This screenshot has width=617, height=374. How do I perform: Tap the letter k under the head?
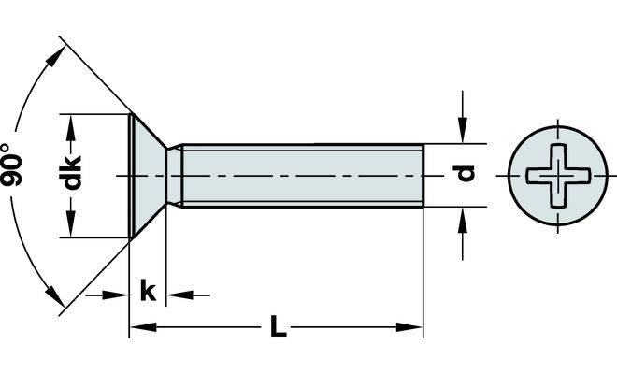148,291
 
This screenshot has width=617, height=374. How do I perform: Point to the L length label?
278,326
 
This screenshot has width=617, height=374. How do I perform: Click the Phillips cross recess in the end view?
557,176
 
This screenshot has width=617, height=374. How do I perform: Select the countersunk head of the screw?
148,176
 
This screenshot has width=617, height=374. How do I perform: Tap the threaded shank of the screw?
302,176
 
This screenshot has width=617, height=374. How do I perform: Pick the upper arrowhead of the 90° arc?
55,57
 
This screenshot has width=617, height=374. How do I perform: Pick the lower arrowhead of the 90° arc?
54,295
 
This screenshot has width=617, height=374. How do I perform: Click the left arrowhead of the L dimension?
143,326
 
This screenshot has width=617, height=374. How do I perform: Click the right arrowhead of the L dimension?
409,326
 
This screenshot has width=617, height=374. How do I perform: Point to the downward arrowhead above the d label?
463,130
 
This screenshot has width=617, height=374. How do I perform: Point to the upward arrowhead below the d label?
463,221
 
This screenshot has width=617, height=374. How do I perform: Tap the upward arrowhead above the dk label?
71,128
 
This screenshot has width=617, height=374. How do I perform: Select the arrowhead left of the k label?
115,295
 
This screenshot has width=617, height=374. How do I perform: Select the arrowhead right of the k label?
179,295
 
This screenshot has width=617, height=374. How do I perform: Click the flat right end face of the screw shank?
423,176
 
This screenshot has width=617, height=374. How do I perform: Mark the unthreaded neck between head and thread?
175,176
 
